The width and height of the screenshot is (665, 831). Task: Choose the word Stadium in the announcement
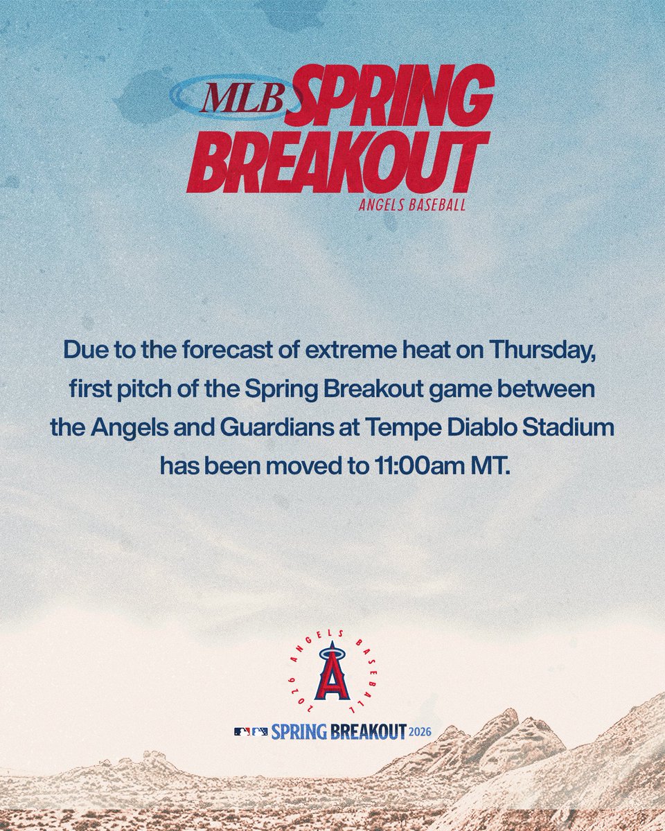tap(574, 427)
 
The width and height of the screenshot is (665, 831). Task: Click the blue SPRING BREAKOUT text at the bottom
tap(338, 731)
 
